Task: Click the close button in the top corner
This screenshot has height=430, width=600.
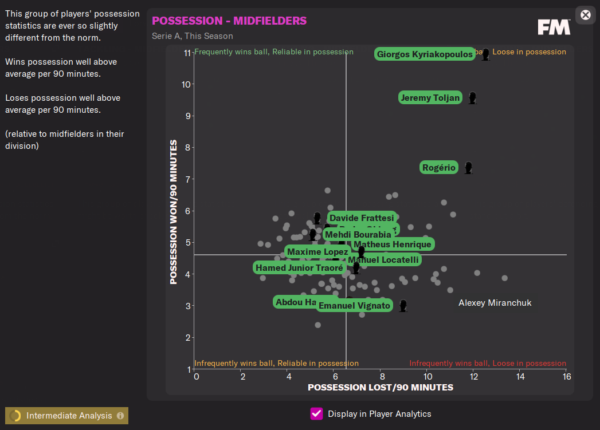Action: pos(585,15)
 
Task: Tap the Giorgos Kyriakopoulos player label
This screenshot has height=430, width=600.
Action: pos(425,54)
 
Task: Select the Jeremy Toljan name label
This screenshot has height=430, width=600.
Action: pos(430,98)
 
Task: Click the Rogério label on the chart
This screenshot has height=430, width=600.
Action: pos(439,168)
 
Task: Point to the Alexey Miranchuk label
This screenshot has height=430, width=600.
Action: pos(495,303)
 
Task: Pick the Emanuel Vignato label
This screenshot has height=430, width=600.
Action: pos(354,306)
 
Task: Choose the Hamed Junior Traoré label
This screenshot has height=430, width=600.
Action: pos(299,267)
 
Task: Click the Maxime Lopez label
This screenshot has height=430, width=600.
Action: pos(317,252)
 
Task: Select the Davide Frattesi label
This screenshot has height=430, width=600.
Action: pos(362,218)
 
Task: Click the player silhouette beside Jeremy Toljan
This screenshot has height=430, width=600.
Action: pos(472,98)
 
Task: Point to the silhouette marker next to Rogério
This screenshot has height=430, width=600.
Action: pos(468,168)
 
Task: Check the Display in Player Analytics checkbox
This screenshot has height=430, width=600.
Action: pos(316,413)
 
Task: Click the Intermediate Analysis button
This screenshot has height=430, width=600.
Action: pos(66,416)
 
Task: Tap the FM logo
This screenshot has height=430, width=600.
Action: pos(554,27)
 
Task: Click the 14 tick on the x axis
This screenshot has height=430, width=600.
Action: pos(520,377)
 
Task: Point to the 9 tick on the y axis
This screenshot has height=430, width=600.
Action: pos(187,116)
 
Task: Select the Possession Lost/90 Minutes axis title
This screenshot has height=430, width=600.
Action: pos(380,388)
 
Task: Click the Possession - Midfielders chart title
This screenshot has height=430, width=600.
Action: pos(229,21)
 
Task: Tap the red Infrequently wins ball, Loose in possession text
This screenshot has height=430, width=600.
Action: pos(488,364)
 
